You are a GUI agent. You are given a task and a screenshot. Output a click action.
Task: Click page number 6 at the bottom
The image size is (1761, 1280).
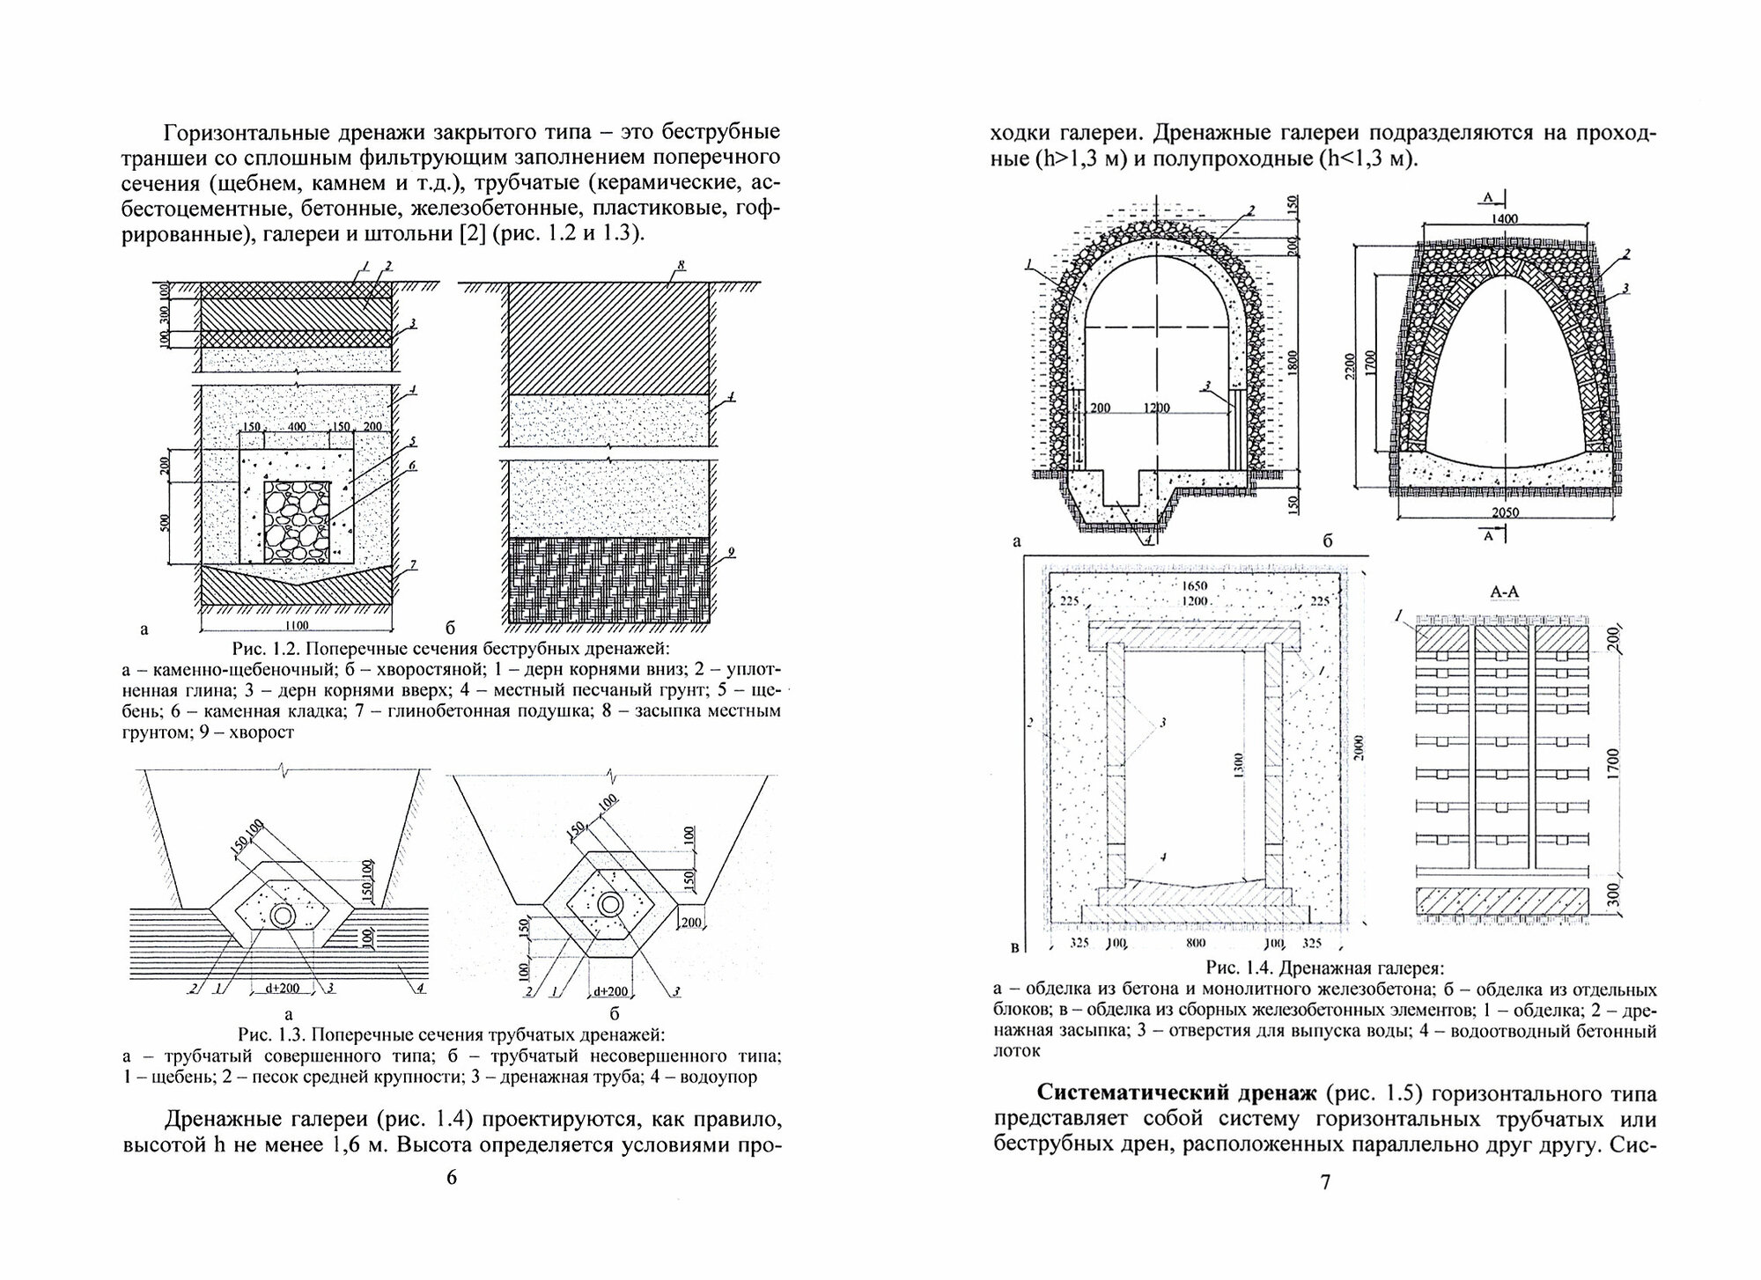point(451,1178)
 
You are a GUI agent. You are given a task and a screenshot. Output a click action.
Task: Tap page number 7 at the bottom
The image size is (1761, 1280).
point(1325,1181)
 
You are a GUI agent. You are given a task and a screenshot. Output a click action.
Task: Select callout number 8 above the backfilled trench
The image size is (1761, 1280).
point(682,264)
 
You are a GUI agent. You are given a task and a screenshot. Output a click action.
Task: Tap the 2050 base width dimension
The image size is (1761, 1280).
point(1498,512)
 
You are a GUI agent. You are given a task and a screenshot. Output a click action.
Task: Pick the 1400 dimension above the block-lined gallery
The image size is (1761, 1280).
point(1507,219)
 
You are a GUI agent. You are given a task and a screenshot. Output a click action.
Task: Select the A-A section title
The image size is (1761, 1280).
point(1503,593)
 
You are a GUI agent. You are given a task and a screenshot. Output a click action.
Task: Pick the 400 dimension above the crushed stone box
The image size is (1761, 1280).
point(296,426)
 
